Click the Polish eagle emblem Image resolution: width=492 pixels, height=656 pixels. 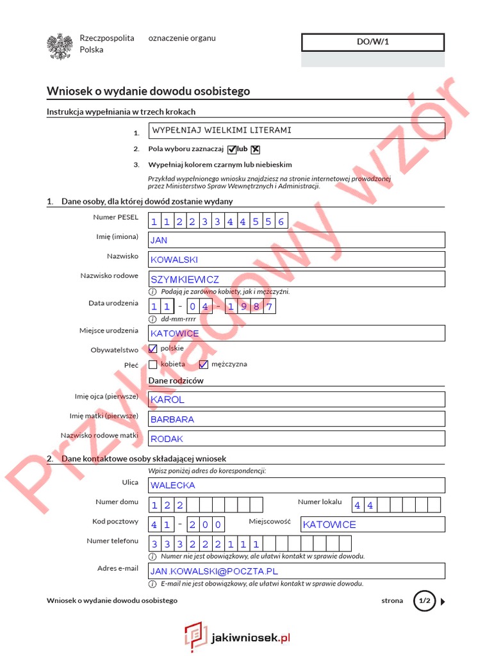(58, 47)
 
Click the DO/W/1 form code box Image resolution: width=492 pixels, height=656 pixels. (372, 42)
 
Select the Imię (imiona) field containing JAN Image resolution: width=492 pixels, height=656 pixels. (296, 240)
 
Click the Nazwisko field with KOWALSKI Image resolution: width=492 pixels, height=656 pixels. (296, 259)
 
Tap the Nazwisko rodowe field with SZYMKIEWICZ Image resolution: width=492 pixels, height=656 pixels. (296, 279)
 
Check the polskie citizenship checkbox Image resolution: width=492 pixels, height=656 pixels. (152, 349)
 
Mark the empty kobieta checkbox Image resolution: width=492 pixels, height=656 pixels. (152, 365)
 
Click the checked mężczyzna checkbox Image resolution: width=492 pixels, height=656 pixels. (204, 365)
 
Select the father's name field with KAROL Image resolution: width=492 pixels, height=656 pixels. (296, 399)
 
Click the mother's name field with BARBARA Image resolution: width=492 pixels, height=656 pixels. (296, 419)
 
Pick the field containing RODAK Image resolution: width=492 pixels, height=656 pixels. (296, 439)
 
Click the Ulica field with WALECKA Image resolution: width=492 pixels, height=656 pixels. (296, 486)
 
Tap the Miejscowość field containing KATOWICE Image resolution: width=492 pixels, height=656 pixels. (372, 524)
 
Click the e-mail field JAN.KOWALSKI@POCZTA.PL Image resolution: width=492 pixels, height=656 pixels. (296, 571)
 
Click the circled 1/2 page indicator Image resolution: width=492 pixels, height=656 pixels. (424, 601)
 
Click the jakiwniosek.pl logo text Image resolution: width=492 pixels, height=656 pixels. (250, 637)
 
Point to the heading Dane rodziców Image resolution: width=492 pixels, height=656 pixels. (176, 381)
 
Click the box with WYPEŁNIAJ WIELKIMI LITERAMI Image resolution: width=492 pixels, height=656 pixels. (296, 131)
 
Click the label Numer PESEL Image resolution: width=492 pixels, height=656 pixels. (115, 218)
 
